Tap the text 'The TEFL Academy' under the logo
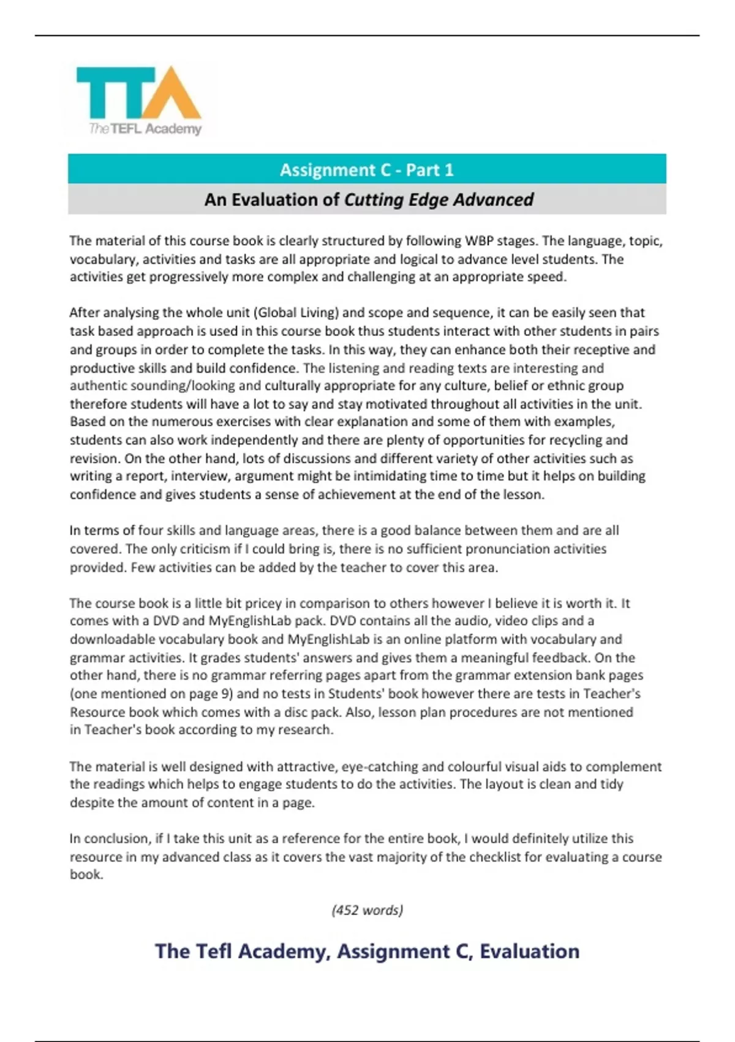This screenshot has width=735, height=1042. (x=145, y=129)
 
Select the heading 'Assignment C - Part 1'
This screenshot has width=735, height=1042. (x=367, y=170)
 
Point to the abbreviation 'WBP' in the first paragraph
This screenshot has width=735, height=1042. (x=479, y=241)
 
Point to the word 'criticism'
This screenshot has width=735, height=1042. (x=207, y=549)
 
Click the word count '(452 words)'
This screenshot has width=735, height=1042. (x=367, y=910)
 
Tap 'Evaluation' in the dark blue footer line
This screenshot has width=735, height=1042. (x=529, y=951)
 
